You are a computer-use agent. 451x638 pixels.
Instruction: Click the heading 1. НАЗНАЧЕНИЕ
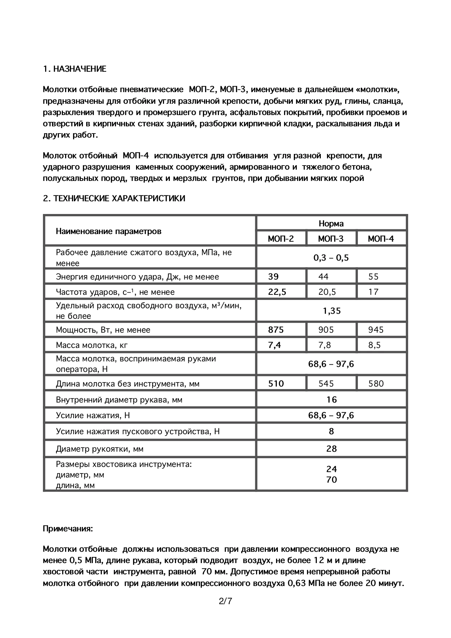(x=75, y=69)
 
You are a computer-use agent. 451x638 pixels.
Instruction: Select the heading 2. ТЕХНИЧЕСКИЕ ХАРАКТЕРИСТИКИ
(x=114, y=198)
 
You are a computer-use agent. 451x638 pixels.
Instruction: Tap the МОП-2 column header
(x=281, y=239)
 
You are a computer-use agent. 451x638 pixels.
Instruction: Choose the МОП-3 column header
(x=331, y=239)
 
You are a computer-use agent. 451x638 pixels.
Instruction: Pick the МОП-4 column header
(x=381, y=239)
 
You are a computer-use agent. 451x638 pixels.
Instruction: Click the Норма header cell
(x=331, y=223)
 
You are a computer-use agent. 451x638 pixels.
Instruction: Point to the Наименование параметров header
(x=108, y=231)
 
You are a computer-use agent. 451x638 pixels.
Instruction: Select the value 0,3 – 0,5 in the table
(x=331, y=258)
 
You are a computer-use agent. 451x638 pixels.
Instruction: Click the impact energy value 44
(x=323, y=277)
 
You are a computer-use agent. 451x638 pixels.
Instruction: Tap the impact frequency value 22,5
(x=277, y=292)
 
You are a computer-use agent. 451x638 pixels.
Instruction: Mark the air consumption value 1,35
(x=332, y=311)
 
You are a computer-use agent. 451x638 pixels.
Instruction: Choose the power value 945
(x=376, y=330)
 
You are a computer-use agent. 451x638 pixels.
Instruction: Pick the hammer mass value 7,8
(x=324, y=345)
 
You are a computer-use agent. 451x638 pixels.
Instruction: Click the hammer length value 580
(x=376, y=384)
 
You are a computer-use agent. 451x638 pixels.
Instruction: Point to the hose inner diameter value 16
(x=332, y=400)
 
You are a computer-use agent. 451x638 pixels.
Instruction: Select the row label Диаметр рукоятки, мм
(x=100, y=449)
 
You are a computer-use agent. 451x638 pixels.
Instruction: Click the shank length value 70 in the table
(x=332, y=480)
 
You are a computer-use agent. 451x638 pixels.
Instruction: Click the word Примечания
(x=68, y=528)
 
